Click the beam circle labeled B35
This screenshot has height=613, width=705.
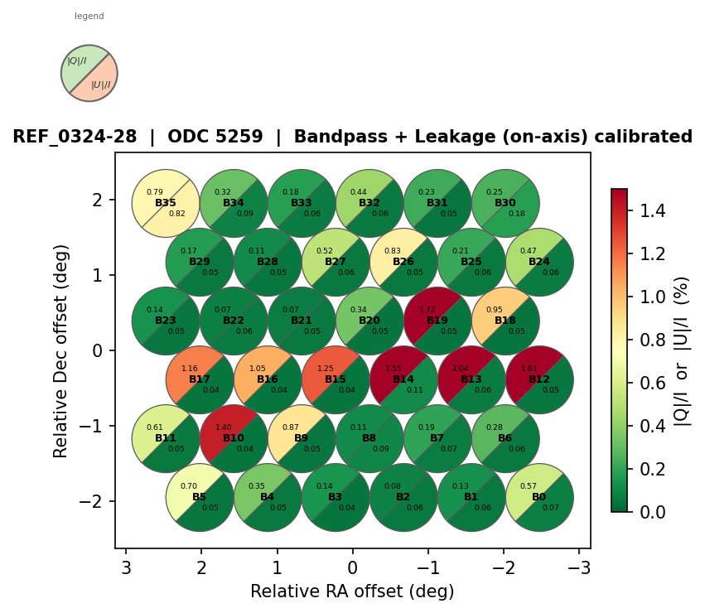click(166, 203)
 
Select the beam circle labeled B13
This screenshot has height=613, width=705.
click(471, 379)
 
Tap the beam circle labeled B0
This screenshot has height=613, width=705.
click(539, 497)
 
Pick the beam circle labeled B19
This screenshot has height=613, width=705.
click(437, 321)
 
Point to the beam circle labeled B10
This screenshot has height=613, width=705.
click(234, 438)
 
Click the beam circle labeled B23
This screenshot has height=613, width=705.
click(166, 321)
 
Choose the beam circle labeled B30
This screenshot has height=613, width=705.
click(505, 203)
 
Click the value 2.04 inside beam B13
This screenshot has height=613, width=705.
click(461, 369)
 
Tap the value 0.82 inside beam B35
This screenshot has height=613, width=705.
click(177, 214)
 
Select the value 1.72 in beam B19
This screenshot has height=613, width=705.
click(427, 310)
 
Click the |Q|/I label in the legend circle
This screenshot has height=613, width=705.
click(77, 61)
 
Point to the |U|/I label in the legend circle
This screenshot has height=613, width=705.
click(101, 84)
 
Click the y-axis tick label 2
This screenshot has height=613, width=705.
click(98, 200)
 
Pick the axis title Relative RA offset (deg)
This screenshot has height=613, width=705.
click(352, 591)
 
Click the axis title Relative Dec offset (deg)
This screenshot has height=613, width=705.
click(61, 350)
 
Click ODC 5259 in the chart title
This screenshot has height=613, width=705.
click(215, 137)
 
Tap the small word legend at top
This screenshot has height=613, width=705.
click(89, 16)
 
